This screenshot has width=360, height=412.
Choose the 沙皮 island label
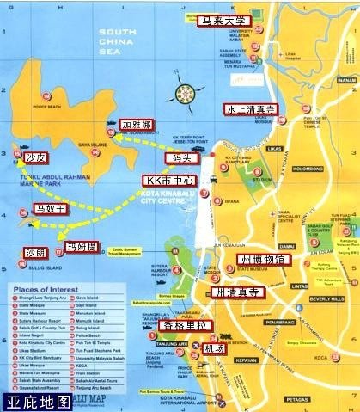(x=35, y=157)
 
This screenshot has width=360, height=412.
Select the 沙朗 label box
(x=34, y=254)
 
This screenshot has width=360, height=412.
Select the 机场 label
(x=214, y=348)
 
